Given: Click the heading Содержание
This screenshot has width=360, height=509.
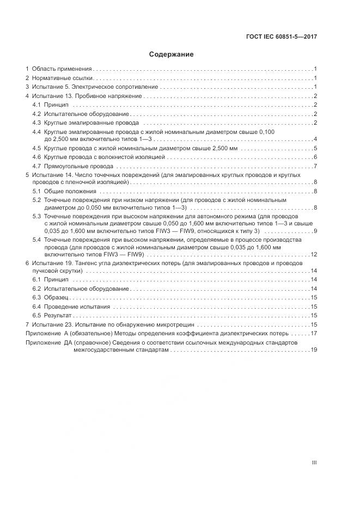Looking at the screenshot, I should coord(171,54).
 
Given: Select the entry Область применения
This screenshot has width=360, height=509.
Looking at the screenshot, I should coord(61,69).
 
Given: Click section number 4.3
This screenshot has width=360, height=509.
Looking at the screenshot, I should coord(37,122).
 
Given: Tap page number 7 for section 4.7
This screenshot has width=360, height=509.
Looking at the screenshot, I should coord(315,165).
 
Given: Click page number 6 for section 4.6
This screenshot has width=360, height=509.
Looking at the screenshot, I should coord(315,157).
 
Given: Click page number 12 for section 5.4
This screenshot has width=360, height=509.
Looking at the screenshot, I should coord(314,254).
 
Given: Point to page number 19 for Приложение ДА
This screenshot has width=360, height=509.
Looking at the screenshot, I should coord(314,351).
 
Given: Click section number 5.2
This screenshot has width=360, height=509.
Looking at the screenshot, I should coord(37,200).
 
